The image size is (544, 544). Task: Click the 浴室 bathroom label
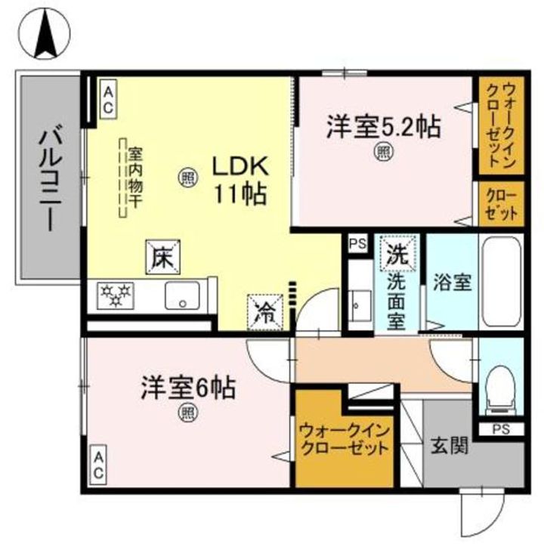pyautogui.click(x=453, y=283)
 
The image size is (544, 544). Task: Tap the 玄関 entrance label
pyautogui.click(x=449, y=445)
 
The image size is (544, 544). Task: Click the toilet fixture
pyautogui.click(x=498, y=388)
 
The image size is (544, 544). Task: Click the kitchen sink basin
pyautogui.click(x=183, y=296)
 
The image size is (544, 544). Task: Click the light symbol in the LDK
pyautogui.click(x=187, y=178)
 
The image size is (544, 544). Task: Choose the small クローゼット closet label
pyautogui.click(x=501, y=203)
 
